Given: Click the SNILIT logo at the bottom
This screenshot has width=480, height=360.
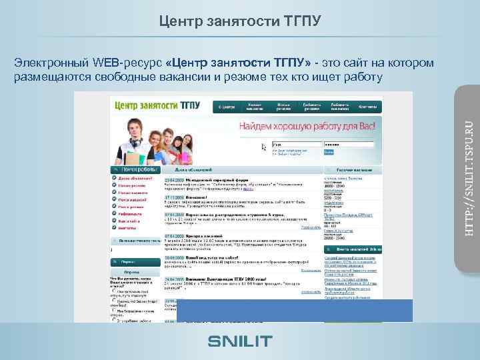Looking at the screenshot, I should [x=240, y=341].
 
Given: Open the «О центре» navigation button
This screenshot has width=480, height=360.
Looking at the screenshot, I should [x=227, y=106].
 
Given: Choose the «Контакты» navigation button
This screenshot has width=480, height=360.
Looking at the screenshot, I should [x=366, y=106].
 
